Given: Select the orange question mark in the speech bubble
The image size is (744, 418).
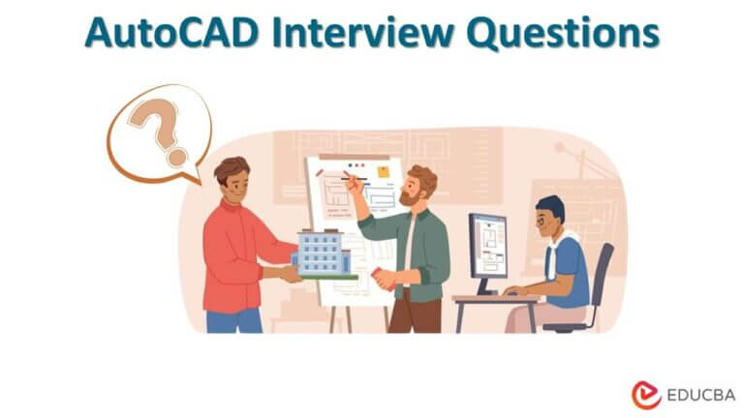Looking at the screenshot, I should coord(157,131).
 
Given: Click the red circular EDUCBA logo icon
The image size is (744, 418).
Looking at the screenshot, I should coord(646,395).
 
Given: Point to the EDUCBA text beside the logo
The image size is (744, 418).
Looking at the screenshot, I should coord(700,395).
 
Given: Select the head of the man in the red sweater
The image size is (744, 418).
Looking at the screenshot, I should coord(232,180).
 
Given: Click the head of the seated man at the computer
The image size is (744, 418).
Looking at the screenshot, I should coord(548,216).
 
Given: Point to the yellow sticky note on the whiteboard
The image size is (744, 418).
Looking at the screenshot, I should coord(384,172).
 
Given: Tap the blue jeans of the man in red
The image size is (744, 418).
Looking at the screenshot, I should coord(233,319).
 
